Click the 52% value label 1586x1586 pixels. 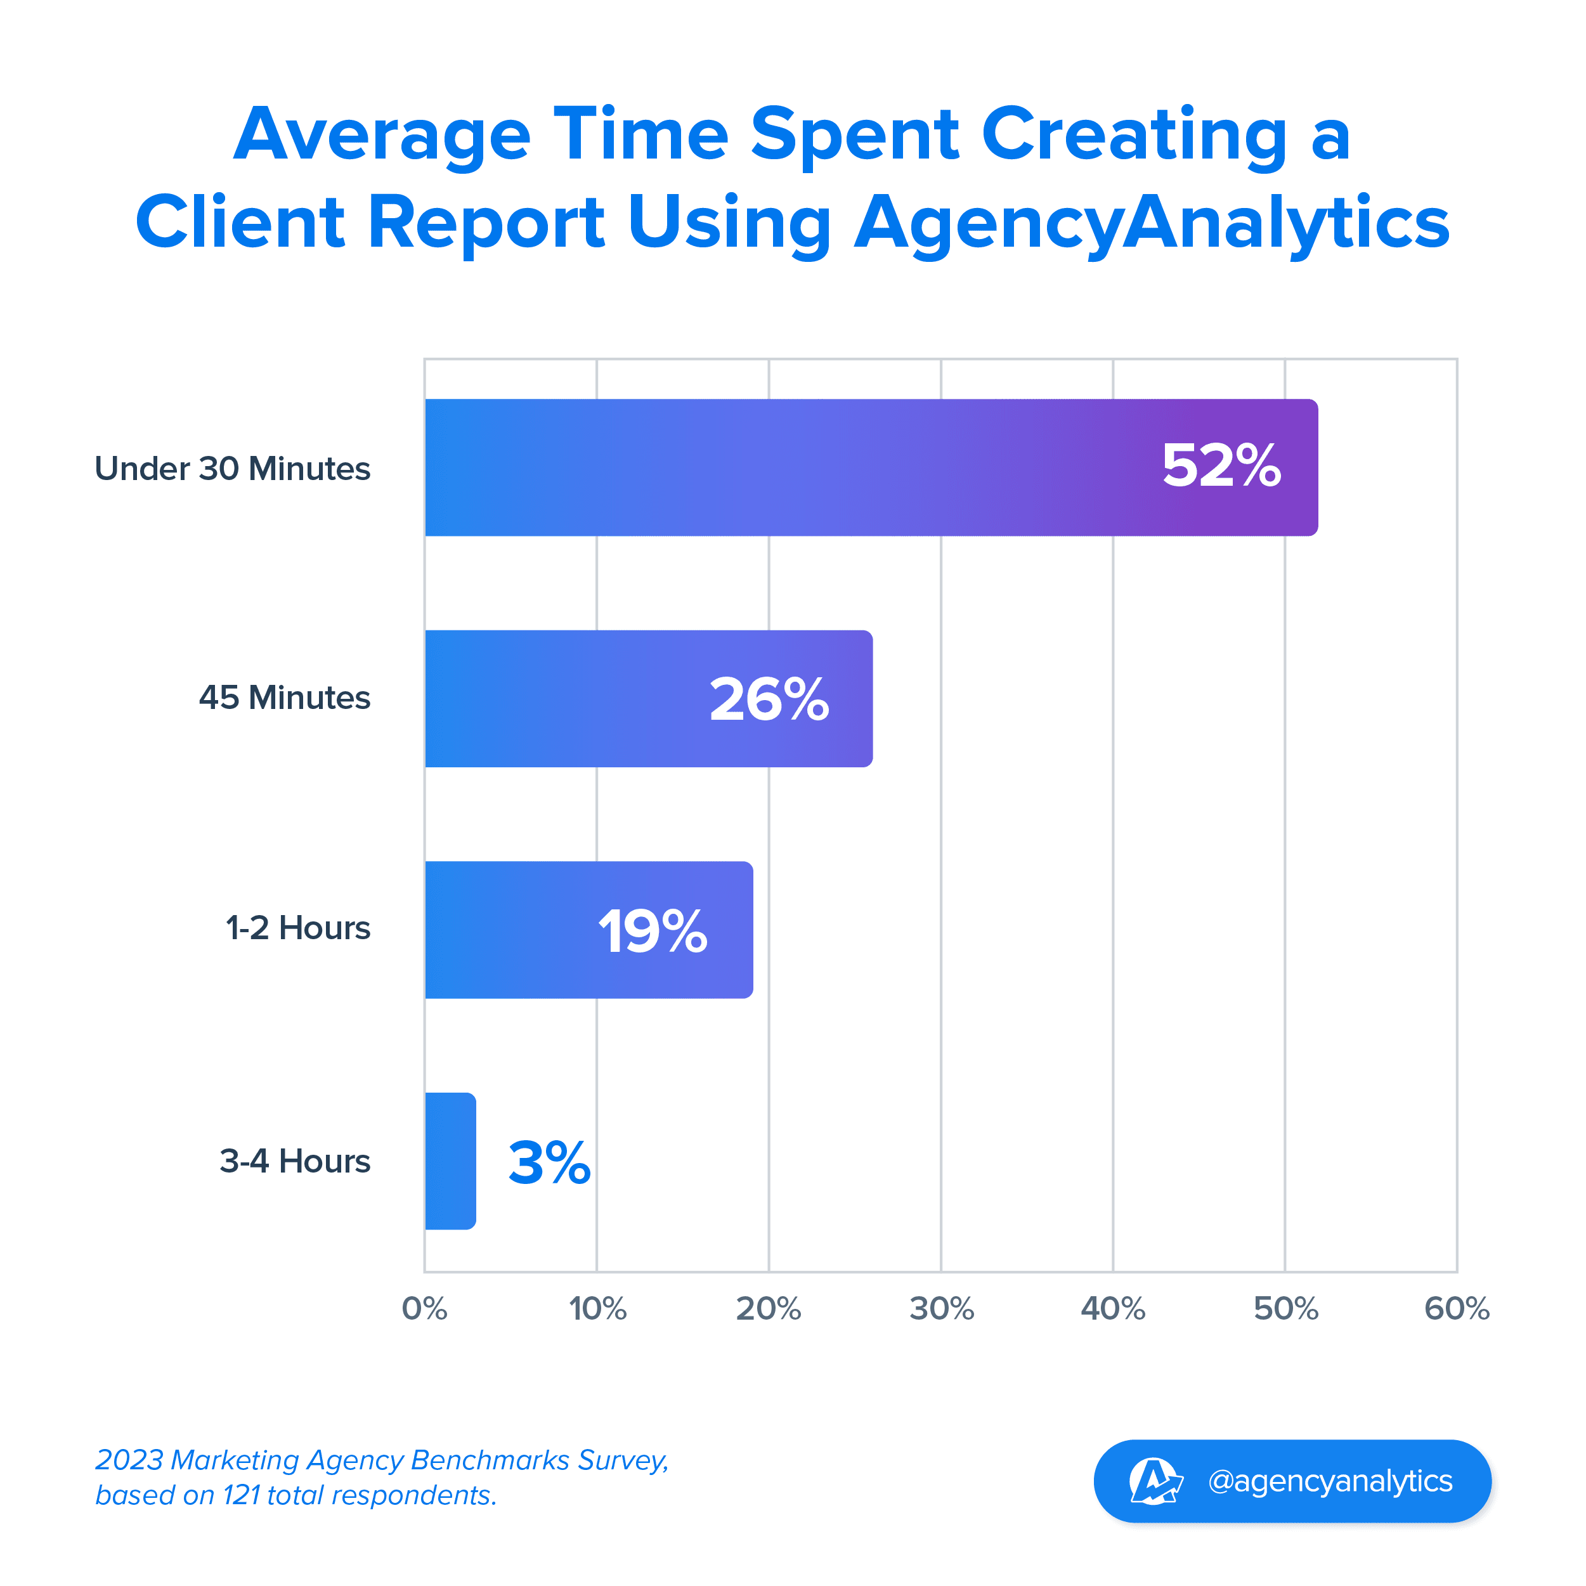(x=1221, y=466)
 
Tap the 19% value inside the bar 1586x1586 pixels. (x=653, y=931)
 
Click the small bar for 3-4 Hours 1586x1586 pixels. (x=450, y=1160)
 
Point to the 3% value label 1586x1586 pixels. (x=549, y=1162)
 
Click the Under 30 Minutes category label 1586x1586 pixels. (x=232, y=469)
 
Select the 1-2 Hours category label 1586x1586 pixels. (x=298, y=928)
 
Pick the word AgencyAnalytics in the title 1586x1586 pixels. (x=1152, y=223)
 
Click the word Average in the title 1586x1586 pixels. (x=382, y=134)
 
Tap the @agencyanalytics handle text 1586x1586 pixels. (x=1330, y=1481)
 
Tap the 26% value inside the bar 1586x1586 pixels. (x=769, y=699)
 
